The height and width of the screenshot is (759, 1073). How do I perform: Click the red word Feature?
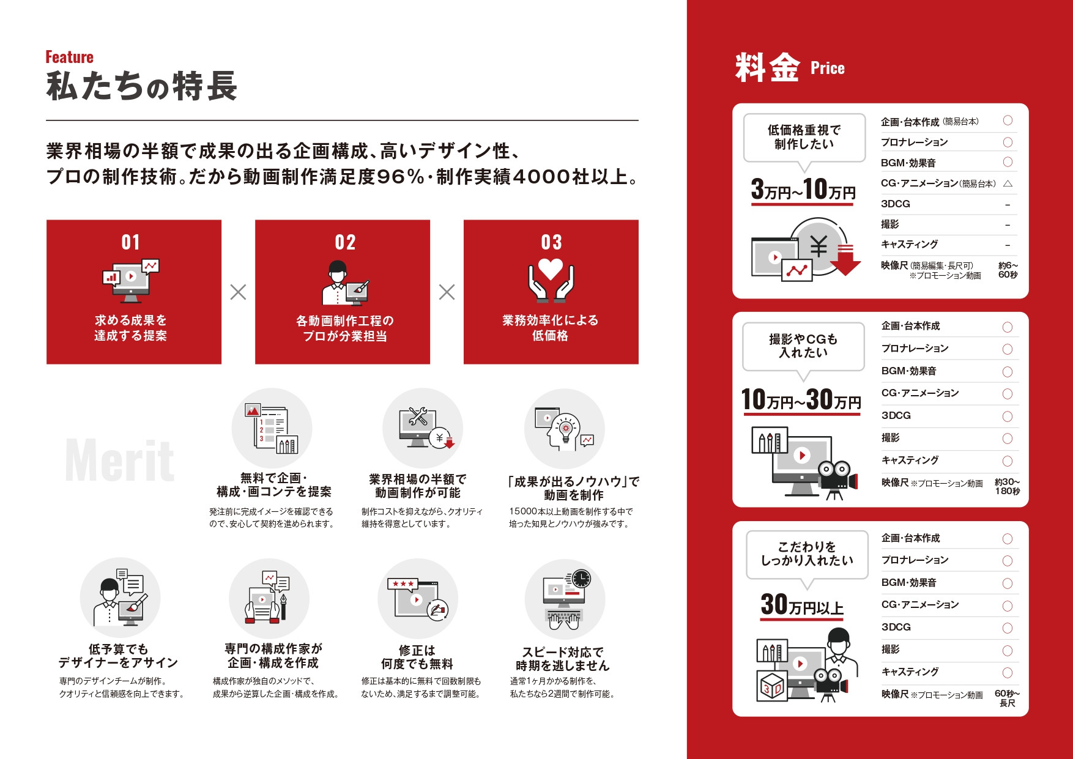69,57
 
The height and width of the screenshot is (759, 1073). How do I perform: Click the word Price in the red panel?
827,68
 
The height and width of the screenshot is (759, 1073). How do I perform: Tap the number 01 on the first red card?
131,242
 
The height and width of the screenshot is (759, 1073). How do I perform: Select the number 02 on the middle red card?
345,242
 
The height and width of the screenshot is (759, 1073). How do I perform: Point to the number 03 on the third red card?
551,242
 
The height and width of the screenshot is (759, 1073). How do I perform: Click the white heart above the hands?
551,268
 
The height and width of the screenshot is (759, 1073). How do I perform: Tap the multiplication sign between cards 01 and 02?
238,292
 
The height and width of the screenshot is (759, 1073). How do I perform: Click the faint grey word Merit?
120,461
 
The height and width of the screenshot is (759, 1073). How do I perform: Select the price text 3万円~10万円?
803,190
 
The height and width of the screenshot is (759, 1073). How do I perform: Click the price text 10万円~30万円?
801,400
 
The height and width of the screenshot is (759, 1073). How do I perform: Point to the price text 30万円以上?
802,605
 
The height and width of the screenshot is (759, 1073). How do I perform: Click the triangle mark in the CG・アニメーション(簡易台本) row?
1008,183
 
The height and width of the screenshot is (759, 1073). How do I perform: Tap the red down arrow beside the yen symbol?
845,259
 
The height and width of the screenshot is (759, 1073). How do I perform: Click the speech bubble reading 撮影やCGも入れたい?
803,346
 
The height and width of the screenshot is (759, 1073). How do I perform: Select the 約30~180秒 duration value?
1007,486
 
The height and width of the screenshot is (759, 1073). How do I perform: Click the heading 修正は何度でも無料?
417,657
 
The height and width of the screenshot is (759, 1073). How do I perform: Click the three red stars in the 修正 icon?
403,584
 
